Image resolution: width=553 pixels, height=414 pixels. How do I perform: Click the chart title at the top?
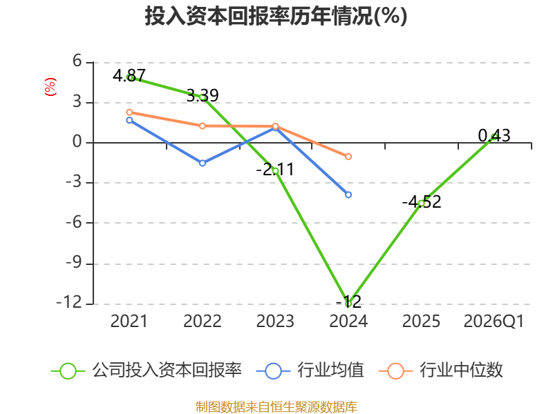[x=276, y=16]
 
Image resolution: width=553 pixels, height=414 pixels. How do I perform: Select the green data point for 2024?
[x=348, y=303]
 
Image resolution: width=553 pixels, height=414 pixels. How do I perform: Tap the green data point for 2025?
[x=421, y=203]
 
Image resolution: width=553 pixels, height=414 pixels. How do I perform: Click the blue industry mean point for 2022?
[x=203, y=163]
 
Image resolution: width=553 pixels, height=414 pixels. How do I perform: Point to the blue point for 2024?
[x=348, y=195]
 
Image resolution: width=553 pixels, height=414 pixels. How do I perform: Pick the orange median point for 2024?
[x=348, y=157]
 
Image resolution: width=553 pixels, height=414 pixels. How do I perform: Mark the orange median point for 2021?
[x=129, y=112]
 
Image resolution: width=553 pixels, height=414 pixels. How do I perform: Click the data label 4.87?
[x=129, y=75]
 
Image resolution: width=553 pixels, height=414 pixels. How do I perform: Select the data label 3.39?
[x=203, y=95]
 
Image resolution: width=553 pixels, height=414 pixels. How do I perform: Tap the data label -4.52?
[x=422, y=202]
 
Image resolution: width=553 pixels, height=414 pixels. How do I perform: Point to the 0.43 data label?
[x=494, y=135]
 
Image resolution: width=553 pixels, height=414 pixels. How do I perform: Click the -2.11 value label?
[x=275, y=170]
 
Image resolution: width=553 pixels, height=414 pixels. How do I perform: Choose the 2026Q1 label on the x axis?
[x=494, y=322]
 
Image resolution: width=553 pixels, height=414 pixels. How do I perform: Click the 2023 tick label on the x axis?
[x=275, y=322]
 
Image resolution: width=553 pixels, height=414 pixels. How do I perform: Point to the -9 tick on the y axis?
[x=73, y=263]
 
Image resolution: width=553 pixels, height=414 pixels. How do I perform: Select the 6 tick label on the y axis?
[x=77, y=61]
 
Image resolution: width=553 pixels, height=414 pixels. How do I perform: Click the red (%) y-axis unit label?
[x=50, y=87]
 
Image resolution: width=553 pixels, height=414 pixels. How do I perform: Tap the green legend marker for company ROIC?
[x=68, y=371]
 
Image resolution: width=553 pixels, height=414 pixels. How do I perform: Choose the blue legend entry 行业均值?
[x=310, y=371]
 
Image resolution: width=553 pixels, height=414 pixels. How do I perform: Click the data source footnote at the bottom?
[x=276, y=407]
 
